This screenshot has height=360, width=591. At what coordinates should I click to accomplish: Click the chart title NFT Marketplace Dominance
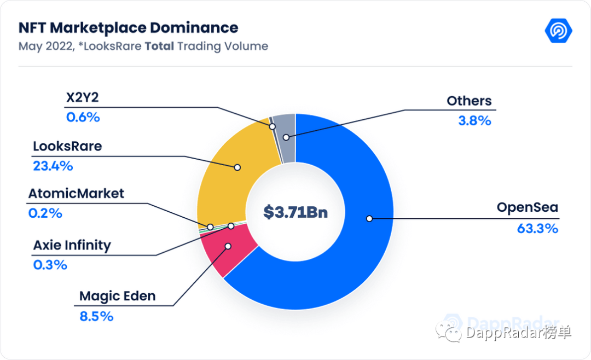[x=128, y=28]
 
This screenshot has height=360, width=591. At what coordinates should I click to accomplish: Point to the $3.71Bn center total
[x=296, y=212]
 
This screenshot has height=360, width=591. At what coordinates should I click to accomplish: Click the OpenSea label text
[x=527, y=208]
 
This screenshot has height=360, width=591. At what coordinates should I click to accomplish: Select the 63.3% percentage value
[x=537, y=229]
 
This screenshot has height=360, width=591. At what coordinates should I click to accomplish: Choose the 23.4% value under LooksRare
[x=53, y=166]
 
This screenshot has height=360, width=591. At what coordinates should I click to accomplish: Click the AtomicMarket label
[x=76, y=193]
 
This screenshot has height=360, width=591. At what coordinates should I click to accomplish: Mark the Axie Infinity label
[x=72, y=245]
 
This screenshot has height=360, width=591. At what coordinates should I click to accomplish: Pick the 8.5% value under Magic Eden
[x=96, y=316]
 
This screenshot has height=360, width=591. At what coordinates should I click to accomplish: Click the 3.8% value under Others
[x=474, y=121]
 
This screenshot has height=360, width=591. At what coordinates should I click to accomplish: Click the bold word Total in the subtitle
[x=159, y=46]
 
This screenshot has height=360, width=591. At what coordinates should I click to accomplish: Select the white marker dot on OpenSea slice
[x=369, y=218]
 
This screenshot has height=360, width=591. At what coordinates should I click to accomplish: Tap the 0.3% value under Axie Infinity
[x=50, y=265]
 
